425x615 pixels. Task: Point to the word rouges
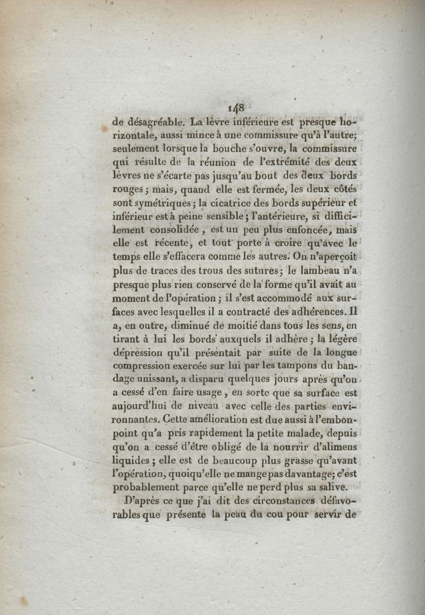click(x=129, y=189)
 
